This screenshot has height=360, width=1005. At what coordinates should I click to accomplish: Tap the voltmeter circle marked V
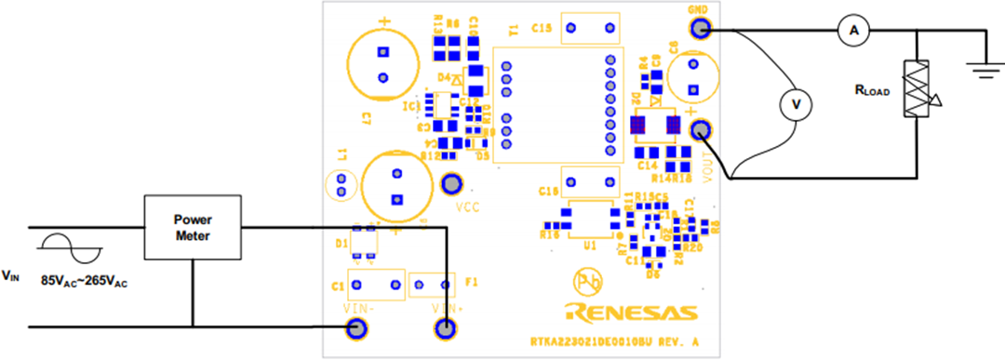(794, 106)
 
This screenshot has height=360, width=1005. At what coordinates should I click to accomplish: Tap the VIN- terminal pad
(355, 327)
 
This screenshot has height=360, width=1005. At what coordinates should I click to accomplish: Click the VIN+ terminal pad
(445, 327)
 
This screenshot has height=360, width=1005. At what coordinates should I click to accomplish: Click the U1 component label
(588, 247)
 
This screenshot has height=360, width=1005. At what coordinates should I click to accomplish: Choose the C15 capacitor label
(542, 28)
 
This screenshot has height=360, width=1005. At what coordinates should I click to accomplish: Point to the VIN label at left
(10, 274)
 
